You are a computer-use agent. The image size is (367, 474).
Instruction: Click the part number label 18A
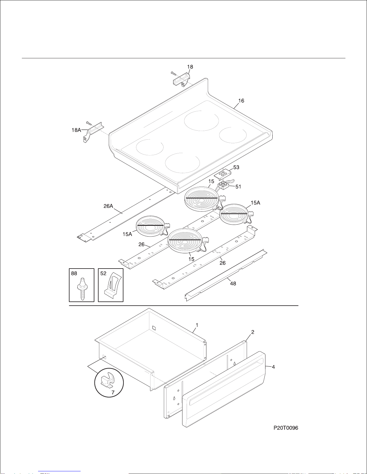76,130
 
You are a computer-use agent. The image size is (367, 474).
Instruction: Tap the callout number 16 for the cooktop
241,101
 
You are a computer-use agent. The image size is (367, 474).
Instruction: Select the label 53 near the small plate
236,167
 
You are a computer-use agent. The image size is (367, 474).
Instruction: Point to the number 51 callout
238,187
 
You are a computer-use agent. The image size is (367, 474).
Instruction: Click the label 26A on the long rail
108,206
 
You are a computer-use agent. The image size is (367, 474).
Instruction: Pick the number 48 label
233,284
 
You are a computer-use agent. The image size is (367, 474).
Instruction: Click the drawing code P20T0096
286,428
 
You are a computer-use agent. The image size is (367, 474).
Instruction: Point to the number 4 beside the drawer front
273,367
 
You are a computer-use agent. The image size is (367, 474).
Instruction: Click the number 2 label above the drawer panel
253,332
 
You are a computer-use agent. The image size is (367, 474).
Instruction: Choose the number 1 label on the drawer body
197,325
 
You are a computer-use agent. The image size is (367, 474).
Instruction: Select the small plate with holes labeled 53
223,174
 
